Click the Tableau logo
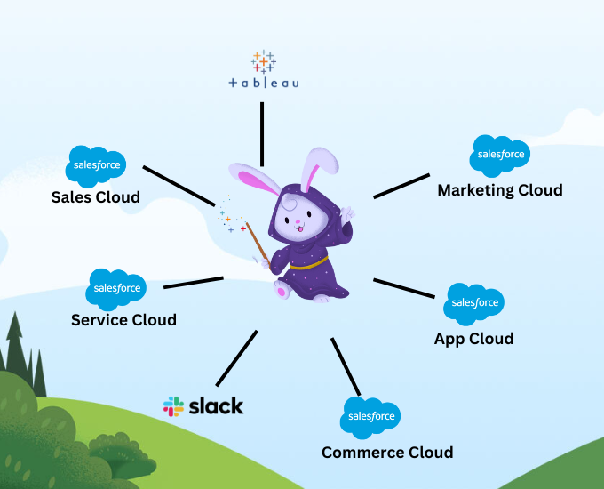[x=264, y=71]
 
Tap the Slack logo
[x=203, y=406]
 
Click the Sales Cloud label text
[x=95, y=196]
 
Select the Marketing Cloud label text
[x=500, y=189]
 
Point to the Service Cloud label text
[x=123, y=319]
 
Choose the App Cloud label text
[x=473, y=338]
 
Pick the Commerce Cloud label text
[x=387, y=452]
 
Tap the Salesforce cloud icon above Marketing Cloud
[x=501, y=156]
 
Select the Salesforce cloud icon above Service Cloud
[x=117, y=289]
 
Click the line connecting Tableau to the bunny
[x=262, y=133]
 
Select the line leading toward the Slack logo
[x=236, y=357]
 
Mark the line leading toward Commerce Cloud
[x=346, y=365]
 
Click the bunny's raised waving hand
[x=346, y=215]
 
